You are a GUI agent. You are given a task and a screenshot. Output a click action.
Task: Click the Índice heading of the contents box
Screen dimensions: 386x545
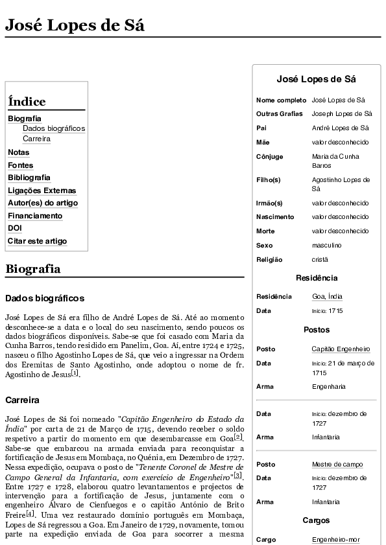[x=27, y=102]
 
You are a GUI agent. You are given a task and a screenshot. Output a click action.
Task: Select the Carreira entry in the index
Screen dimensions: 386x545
[x=36, y=139]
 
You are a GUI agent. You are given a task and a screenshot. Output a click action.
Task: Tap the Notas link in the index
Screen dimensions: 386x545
[x=19, y=152]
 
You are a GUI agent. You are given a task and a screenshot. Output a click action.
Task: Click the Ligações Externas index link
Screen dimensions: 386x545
[x=42, y=191]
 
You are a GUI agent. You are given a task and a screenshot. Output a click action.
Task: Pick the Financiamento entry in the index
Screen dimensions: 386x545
[x=35, y=216]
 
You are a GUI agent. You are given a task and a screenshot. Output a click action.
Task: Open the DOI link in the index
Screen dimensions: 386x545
[x=15, y=228]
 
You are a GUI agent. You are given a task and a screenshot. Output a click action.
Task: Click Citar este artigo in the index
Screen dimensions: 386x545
[x=37, y=241]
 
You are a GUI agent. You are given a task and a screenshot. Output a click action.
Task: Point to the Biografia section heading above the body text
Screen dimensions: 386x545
[x=32, y=269]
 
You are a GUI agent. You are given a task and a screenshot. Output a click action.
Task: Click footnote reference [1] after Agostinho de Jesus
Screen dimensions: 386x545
[x=75, y=373]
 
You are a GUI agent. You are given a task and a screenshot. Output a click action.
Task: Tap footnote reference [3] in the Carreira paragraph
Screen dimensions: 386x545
[x=238, y=476]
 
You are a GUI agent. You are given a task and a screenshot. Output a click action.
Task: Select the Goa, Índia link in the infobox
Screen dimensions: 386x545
[x=327, y=296]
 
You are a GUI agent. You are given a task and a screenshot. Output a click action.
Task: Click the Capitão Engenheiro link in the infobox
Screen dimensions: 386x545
[x=341, y=349]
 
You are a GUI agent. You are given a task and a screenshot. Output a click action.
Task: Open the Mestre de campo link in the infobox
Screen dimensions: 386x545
[x=337, y=464]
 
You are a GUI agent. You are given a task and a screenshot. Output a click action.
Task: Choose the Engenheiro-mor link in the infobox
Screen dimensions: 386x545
[x=335, y=539]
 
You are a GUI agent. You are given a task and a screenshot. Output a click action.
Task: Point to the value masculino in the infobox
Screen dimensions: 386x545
[x=326, y=246]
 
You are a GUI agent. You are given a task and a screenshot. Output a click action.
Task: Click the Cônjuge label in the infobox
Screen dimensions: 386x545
[x=269, y=156]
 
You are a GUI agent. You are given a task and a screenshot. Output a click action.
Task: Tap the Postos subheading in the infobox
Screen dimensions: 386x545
[x=316, y=330]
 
